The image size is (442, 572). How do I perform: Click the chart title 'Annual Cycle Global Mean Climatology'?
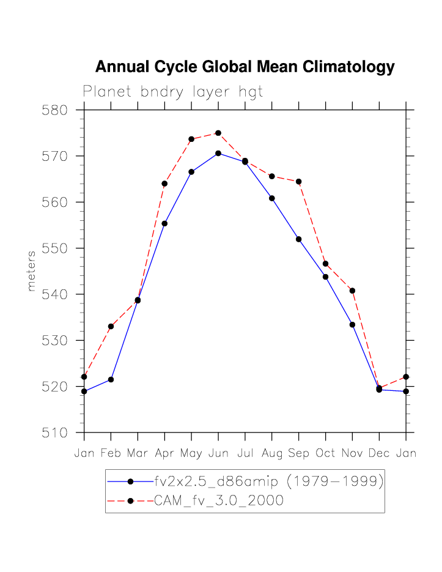pyautogui.click(x=245, y=67)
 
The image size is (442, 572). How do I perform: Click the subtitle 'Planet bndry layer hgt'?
pyautogui.click(x=173, y=92)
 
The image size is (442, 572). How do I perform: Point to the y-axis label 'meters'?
pyautogui.click(x=32, y=271)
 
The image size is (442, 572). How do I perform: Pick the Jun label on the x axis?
pyautogui.click(x=218, y=453)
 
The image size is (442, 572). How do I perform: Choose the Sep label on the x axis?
pyautogui.click(x=298, y=453)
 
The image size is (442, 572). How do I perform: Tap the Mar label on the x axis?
pyautogui.click(x=138, y=453)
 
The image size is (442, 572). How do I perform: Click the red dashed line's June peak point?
pyautogui.click(x=218, y=133)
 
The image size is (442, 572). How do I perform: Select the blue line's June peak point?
pyautogui.click(x=218, y=153)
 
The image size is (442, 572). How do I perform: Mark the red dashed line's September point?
pyautogui.click(x=298, y=182)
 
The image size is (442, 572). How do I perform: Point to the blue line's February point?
pyautogui.click(x=111, y=379)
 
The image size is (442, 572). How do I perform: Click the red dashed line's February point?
pyautogui.click(x=111, y=327)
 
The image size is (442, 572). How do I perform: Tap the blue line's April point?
pyautogui.click(x=164, y=223)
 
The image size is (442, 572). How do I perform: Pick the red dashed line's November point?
pyautogui.click(x=352, y=291)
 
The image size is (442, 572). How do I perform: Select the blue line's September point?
pyautogui.click(x=298, y=239)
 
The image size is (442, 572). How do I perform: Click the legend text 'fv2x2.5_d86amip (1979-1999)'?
pyautogui.click(x=268, y=481)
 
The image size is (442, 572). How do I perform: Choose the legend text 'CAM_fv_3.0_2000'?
pyautogui.click(x=218, y=501)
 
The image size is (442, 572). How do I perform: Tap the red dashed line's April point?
pyautogui.click(x=164, y=184)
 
